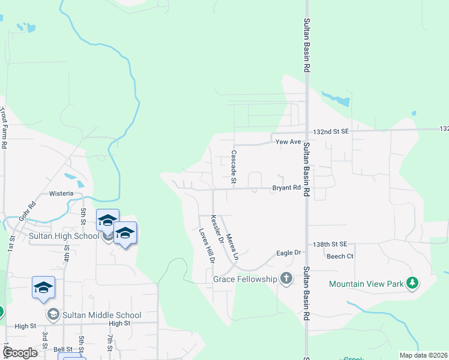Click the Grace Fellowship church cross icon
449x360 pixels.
pos(286,278)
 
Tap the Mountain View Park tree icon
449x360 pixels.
pos(412,283)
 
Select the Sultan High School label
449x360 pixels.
pos(64,236)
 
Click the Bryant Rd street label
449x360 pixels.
pos(286,188)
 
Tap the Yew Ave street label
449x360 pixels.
pos(288,142)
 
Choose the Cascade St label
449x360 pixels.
pos(234,167)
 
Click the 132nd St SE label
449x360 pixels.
pos(331,131)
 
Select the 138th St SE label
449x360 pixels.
pos(330,244)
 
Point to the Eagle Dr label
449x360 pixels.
pos(288,253)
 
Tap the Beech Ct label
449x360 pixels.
pos(340,256)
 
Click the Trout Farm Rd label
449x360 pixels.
pos(4,128)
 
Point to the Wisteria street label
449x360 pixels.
pos(61,194)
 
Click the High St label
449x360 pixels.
pos(26,326)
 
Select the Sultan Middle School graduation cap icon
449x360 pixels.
pos(53,314)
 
